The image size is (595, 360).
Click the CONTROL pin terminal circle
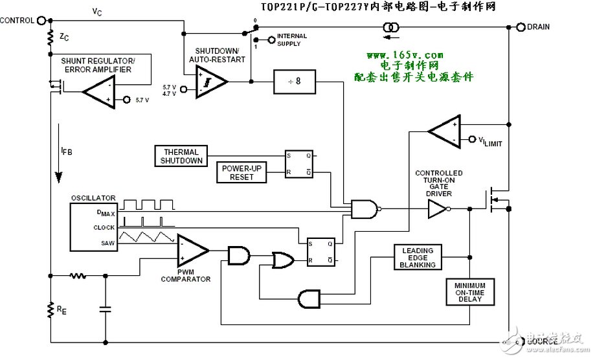click(x=42, y=20)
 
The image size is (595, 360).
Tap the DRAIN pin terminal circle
click(x=521, y=27)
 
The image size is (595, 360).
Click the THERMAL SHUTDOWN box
click(x=180, y=156)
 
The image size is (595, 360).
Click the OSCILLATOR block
click(x=93, y=227)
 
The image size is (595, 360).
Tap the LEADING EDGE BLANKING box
click(x=418, y=257)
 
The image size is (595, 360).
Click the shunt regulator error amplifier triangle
click(x=98, y=94)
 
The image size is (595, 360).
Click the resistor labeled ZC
click(x=50, y=38)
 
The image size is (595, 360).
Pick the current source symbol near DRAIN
click(x=391, y=27)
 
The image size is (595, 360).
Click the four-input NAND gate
click(x=362, y=208)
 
